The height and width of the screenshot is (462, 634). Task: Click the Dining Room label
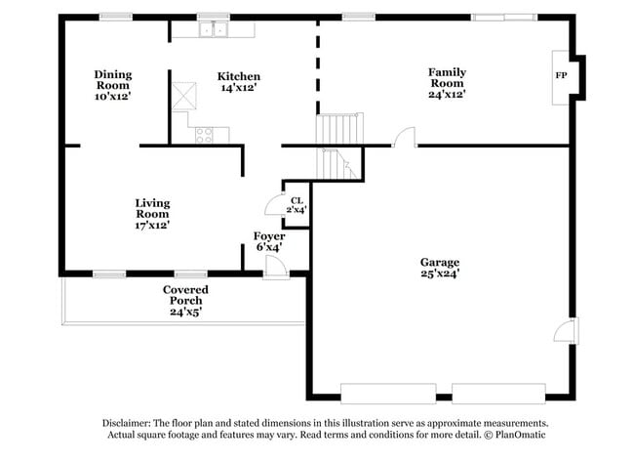(x=113, y=80)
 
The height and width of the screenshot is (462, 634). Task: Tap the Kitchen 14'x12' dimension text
(x=239, y=88)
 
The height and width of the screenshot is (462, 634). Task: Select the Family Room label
(x=447, y=78)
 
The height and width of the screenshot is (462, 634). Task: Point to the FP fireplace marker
(x=561, y=75)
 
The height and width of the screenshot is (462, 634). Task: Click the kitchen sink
(x=213, y=29)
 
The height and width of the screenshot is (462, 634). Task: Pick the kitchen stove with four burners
(x=204, y=135)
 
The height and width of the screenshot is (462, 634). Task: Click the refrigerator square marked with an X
(x=184, y=96)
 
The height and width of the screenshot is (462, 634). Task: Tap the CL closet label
(x=297, y=201)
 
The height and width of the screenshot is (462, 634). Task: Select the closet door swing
(x=273, y=205)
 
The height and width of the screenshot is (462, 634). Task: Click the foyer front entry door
(x=276, y=268)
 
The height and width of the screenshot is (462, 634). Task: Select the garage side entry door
(x=567, y=330)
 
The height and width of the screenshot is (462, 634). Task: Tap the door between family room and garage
(x=405, y=137)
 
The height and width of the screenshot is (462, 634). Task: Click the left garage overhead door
(x=388, y=394)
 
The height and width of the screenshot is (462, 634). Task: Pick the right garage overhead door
(x=498, y=394)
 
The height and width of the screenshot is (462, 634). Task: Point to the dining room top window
(x=116, y=17)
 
